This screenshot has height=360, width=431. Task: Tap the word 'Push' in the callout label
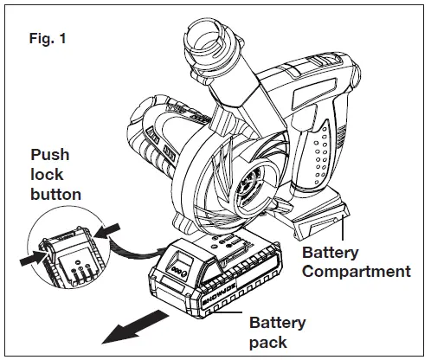click(x=50, y=155)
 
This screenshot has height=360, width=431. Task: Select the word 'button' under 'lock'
click(x=56, y=194)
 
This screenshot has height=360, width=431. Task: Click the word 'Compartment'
click(x=356, y=272)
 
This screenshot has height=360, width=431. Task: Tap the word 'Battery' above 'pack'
click(x=278, y=324)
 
